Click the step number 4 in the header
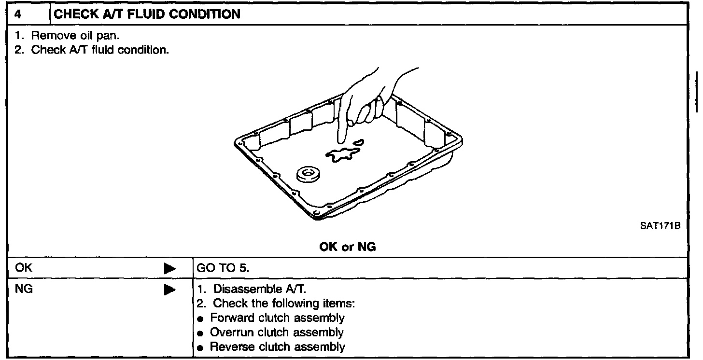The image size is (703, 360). coord(18,14)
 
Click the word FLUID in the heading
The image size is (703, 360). coord(145,14)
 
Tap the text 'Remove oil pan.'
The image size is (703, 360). coord(75,35)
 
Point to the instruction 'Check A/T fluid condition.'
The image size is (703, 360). coord(100,50)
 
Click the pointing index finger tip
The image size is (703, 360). coord(341,142)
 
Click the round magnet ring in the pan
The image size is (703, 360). coord(308,174)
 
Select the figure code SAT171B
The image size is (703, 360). coord(661,226)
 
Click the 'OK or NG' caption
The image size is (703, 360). coord(348,247)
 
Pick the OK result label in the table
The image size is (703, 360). coord(24,268)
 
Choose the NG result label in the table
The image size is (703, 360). coord(24,289)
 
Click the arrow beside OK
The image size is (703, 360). coord(170,269)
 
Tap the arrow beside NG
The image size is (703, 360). coord(170,290)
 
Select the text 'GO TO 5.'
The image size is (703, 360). coord(223,268)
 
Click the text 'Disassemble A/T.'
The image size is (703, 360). coord(260,289)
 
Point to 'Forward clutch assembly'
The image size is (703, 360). coord(278,318)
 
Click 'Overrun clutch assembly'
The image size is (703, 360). coord(277,332)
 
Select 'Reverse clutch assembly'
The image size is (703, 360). coord(278,347)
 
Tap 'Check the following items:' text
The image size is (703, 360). coord(284,304)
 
